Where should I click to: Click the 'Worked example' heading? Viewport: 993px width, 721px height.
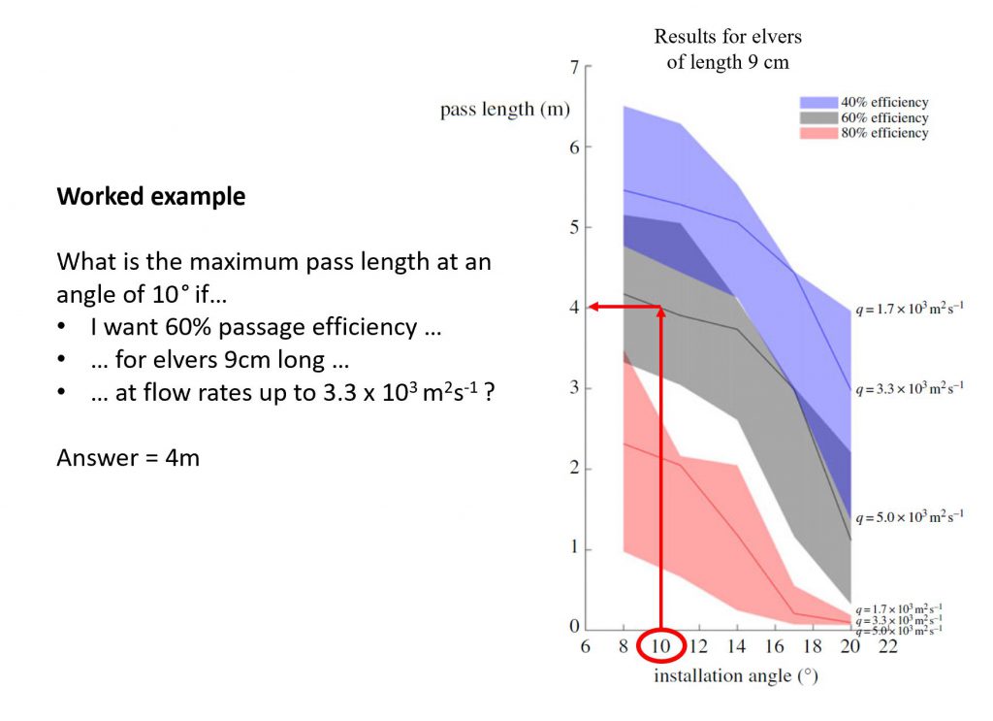pos(150,196)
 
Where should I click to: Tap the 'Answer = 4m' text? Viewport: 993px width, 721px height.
pos(128,457)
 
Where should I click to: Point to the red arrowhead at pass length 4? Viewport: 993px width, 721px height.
pos(594,307)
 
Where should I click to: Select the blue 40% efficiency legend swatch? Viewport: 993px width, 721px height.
pos(818,103)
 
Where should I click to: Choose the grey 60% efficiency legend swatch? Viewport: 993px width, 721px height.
pos(818,117)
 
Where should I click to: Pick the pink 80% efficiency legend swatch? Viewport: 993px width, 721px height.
pos(818,133)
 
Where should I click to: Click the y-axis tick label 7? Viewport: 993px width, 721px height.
pos(574,67)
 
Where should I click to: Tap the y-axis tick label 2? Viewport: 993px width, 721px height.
pos(574,468)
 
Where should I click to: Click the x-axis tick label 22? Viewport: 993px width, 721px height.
pos(888,646)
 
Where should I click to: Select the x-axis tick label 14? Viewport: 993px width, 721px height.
pos(736,646)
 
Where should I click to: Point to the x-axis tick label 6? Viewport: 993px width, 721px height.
pos(585,646)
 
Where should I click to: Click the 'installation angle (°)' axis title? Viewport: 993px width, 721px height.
pos(736,676)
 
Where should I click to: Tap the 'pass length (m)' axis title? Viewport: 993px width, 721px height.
pos(504,110)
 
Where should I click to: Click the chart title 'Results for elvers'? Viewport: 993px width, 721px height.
pos(727,37)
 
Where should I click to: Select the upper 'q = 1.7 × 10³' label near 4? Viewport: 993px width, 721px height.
pos(910,309)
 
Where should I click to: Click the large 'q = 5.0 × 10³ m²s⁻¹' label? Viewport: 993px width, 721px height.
pos(910,516)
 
